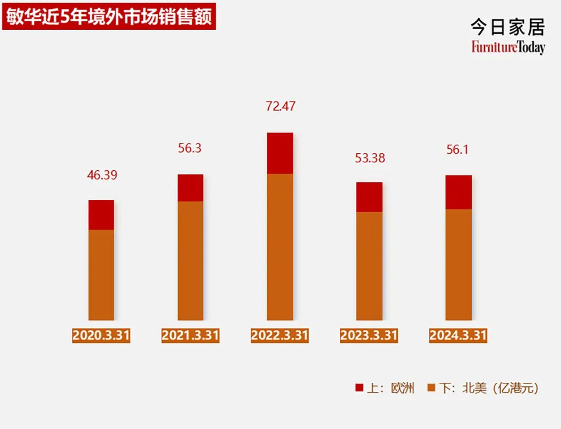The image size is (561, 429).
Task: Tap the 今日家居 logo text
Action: click(507, 27)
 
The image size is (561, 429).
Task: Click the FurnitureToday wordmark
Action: click(507, 48)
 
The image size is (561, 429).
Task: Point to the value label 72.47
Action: click(280, 106)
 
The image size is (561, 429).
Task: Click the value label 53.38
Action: click(369, 158)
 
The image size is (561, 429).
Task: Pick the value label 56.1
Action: click(458, 150)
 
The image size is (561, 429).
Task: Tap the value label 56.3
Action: click(190, 149)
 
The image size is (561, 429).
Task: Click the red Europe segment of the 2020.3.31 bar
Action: click(101, 215)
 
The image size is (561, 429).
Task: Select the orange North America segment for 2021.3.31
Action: click(190, 260)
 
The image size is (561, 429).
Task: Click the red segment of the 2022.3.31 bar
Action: click(280, 153)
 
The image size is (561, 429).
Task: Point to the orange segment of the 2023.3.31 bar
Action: click(369, 266)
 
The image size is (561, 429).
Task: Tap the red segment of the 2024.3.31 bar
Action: click(458, 192)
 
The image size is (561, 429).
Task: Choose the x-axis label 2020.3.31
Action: click(101, 335)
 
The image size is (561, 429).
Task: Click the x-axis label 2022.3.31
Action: click(280, 335)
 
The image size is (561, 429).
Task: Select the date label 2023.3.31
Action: click(369, 335)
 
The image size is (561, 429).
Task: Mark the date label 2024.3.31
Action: click(458, 335)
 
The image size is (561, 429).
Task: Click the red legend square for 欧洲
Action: click(359, 388)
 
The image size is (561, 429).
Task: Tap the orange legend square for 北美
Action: click(431, 388)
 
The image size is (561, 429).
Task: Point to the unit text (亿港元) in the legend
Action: click(515, 389)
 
